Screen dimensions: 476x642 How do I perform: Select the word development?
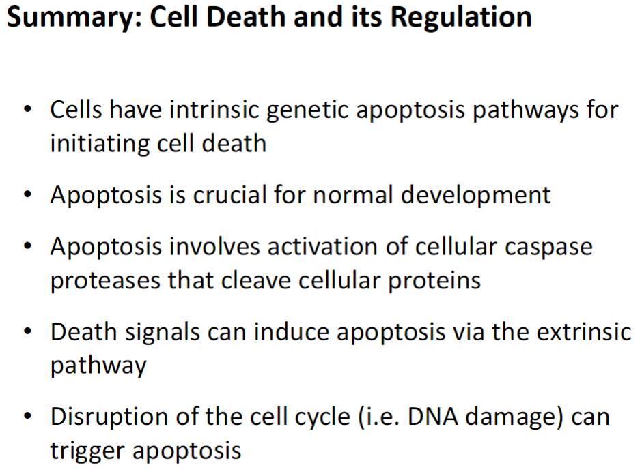click(475, 196)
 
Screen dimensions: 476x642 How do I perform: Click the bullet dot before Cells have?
click(27, 110)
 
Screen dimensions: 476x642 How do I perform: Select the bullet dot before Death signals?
click(27, 332)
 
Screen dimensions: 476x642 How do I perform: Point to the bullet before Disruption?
click(27, 417)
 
